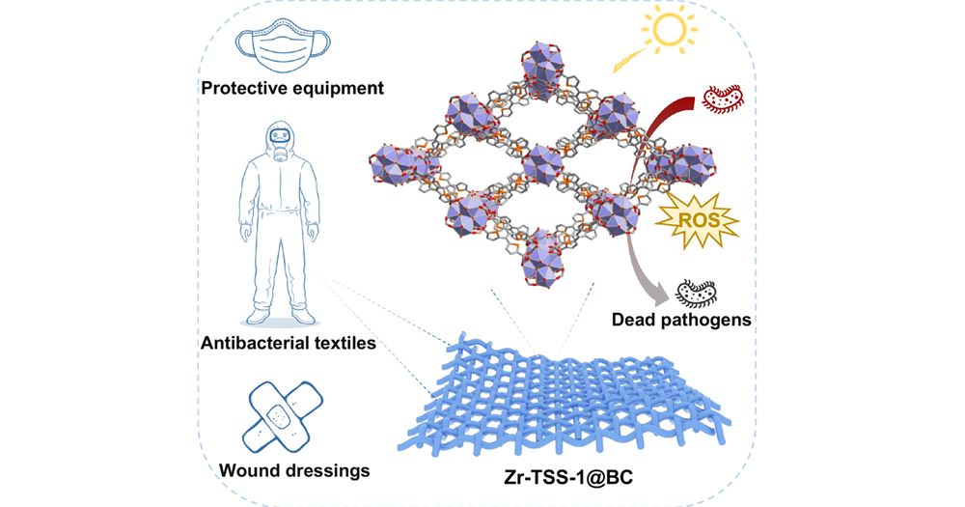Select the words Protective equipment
click(x=292, y=89)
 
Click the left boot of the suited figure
click(x=261, y=315)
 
